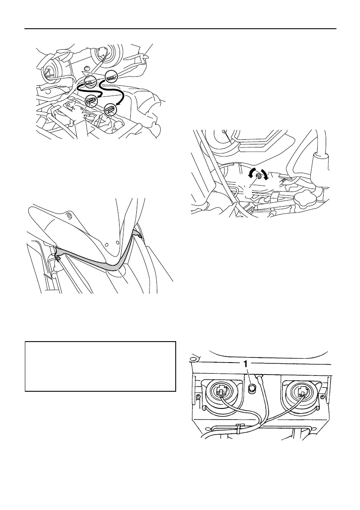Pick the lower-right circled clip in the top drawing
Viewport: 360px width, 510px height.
(x=110, y=109)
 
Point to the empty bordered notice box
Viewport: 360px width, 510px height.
(x=100, y=366)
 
